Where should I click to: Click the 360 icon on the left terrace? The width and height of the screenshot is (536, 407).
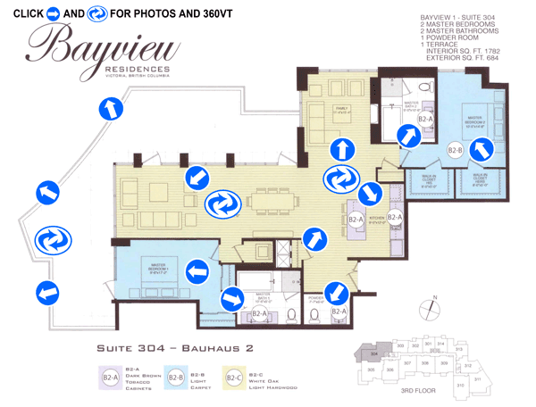click(x=49, y=240)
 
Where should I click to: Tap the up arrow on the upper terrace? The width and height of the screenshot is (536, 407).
click(x=108, y=108)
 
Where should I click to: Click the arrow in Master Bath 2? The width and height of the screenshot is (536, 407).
click(x=406, y=137)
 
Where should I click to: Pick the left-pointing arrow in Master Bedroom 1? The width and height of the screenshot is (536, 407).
click(x=194, y=271)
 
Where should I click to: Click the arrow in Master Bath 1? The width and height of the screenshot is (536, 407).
click(x=230, y=298)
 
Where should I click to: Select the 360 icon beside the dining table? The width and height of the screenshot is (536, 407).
click(x=221, y=205)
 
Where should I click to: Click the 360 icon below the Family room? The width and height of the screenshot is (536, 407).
click(x=339, y=179)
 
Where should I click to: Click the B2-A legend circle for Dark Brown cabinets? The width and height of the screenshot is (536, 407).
click(x=111, y=378)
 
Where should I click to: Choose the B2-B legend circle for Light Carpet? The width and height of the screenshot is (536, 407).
click(x=174, y=378)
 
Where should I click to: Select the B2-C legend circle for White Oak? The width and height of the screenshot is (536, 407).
click(x=234, y=378)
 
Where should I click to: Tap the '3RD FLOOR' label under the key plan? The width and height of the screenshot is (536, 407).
click(x=417, y=391)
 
